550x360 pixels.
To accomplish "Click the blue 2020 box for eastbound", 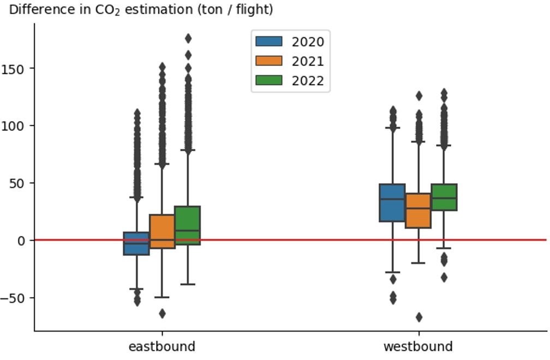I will pos(136,243).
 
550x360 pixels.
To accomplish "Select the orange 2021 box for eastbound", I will pos(162,231).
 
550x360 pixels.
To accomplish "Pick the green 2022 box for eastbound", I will pos(187,225).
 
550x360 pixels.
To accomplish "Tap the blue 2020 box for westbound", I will pos(392,202).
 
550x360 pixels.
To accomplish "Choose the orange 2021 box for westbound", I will pos(419,210).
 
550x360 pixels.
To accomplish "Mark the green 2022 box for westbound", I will pos(444,197).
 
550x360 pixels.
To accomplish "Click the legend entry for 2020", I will pos(307,41).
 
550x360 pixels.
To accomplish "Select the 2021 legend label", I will pos(307,61).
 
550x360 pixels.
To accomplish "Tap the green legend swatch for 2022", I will pos(268,80).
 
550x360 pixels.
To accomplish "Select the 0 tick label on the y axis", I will pos(21,240).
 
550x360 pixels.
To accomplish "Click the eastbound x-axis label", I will pos(162,346).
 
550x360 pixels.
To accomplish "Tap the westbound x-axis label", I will pos(418,346).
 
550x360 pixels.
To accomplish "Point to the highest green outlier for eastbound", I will pos(188,38).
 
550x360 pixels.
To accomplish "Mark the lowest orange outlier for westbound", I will pos(419,317).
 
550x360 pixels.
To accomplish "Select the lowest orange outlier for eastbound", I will pos(162,314).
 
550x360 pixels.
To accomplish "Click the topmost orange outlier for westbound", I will pos(419,96).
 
